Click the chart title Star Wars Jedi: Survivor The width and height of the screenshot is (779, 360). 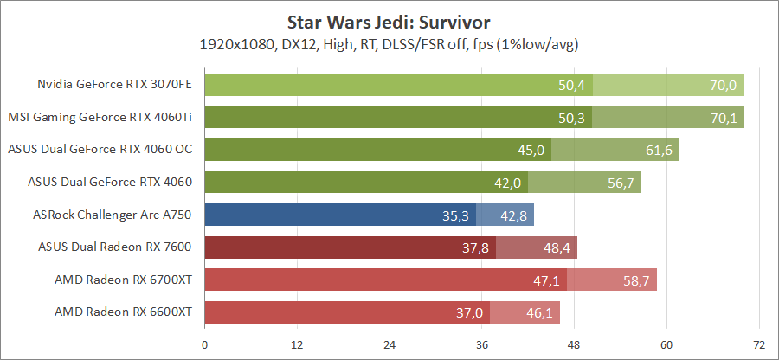pos(389,19)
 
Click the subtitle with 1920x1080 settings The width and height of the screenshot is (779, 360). pos(389,43)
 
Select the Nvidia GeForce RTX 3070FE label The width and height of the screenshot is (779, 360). pos(114,85)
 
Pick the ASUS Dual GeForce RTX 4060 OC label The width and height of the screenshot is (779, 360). pos(100,150)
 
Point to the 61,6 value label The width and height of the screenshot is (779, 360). pos(659,150)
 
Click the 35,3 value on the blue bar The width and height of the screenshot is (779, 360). pos(454,215)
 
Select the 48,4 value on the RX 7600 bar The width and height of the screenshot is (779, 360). pos(557,247)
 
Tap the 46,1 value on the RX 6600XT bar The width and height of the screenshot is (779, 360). pos(538,312)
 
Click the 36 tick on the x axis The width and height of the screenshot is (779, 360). pos(481,344)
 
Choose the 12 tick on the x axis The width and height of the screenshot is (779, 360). pos(297,344)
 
